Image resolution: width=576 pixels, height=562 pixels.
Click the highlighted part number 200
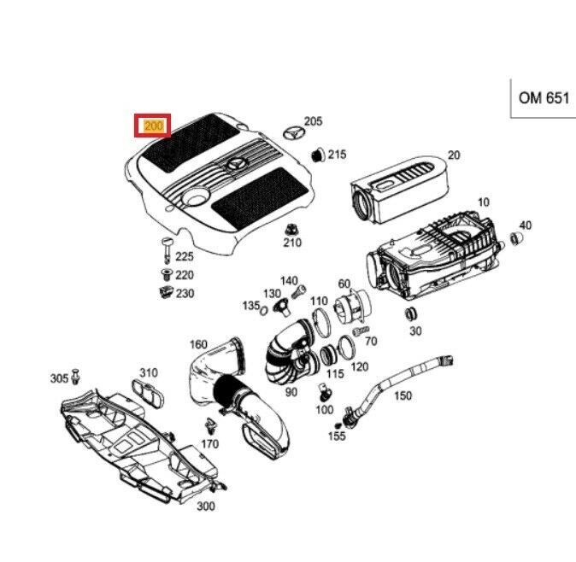click(154, 126)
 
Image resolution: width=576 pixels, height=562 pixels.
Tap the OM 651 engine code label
click(543, 98)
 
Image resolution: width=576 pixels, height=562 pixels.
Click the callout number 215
click(337, 155)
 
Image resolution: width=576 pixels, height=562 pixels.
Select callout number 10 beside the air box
click(483, 202)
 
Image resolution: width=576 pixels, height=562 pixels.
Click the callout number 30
click(415, 331)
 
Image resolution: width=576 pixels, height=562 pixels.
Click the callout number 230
click(185, 294)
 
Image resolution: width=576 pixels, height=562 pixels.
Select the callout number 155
click(338, 436)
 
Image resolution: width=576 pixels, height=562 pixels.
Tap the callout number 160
click(198, 345)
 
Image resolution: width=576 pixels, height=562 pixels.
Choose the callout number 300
click(205, 506)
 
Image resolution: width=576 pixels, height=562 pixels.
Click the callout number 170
click(210, 444)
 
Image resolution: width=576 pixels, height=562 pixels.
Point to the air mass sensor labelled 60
click(349, 307)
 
